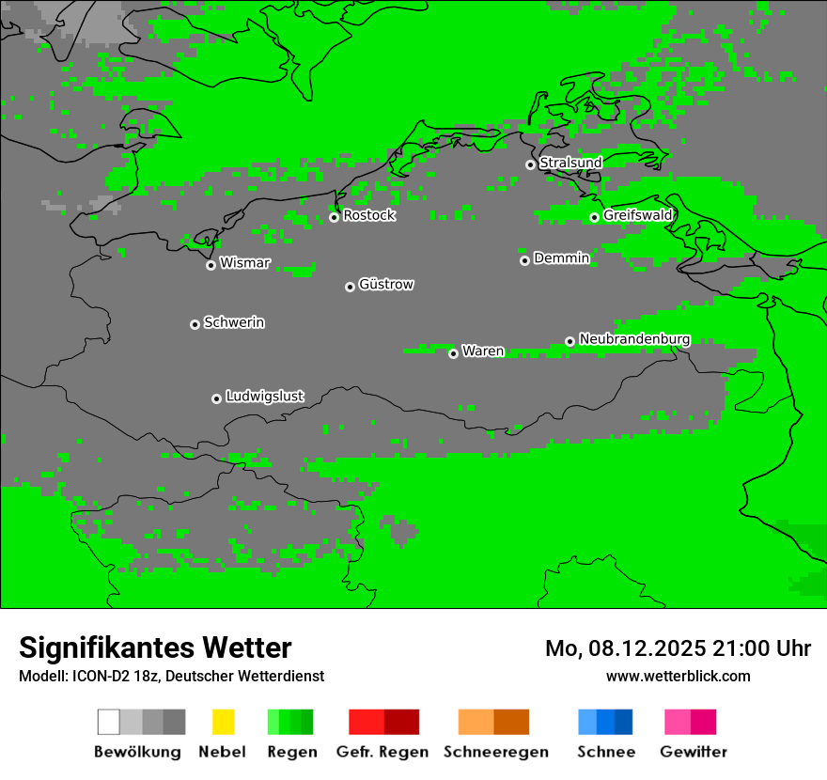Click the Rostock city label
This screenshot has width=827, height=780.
(x=369, y=215)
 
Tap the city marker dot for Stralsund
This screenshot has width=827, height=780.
(x=530, y=164)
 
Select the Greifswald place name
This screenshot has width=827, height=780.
(x=638, y=215)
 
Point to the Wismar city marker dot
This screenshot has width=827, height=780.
(x=211, y=265)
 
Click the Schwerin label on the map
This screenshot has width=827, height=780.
(x=234, y=322)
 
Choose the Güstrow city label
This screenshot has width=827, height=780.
(x=386, y=284)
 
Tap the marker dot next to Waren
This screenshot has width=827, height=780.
(x=453, y=353)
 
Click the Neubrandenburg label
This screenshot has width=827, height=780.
(x=634, y=339)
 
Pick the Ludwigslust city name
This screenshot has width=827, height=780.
(x=264, y=397)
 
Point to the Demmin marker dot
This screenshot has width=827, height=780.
(x=524, y=260)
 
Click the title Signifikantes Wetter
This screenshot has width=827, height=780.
(x=155, y=647)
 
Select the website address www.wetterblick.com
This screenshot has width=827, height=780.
(x=678, y=676)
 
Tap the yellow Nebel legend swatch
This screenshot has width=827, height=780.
(x=223, y=722)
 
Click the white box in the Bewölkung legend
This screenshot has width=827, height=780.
(x=108, y=722)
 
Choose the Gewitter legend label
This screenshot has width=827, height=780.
(x=694, y=752)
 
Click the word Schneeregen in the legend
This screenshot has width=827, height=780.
(x=496, y=752)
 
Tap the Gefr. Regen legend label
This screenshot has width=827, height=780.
(x=382, y=752)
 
